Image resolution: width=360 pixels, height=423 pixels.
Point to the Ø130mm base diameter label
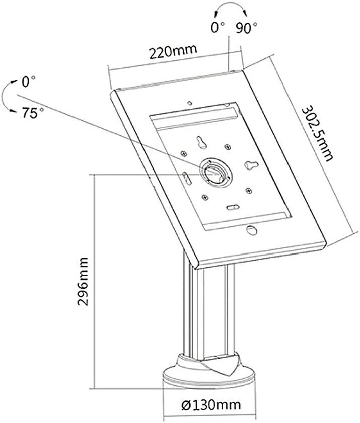211,404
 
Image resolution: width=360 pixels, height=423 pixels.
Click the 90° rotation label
247,27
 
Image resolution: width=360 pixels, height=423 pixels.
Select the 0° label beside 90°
218,27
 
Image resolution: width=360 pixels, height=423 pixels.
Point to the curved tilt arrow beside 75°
3,96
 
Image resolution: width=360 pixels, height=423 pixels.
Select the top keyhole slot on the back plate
201,142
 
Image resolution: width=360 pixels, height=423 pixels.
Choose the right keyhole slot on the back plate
251,164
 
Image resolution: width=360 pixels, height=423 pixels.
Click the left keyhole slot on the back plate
185,177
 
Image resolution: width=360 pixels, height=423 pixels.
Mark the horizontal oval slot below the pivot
233,207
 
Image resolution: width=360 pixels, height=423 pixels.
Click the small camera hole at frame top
190,103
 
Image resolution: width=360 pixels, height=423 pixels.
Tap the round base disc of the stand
209,376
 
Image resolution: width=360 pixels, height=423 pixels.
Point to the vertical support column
208,310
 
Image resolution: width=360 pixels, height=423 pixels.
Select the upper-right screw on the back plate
228,147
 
